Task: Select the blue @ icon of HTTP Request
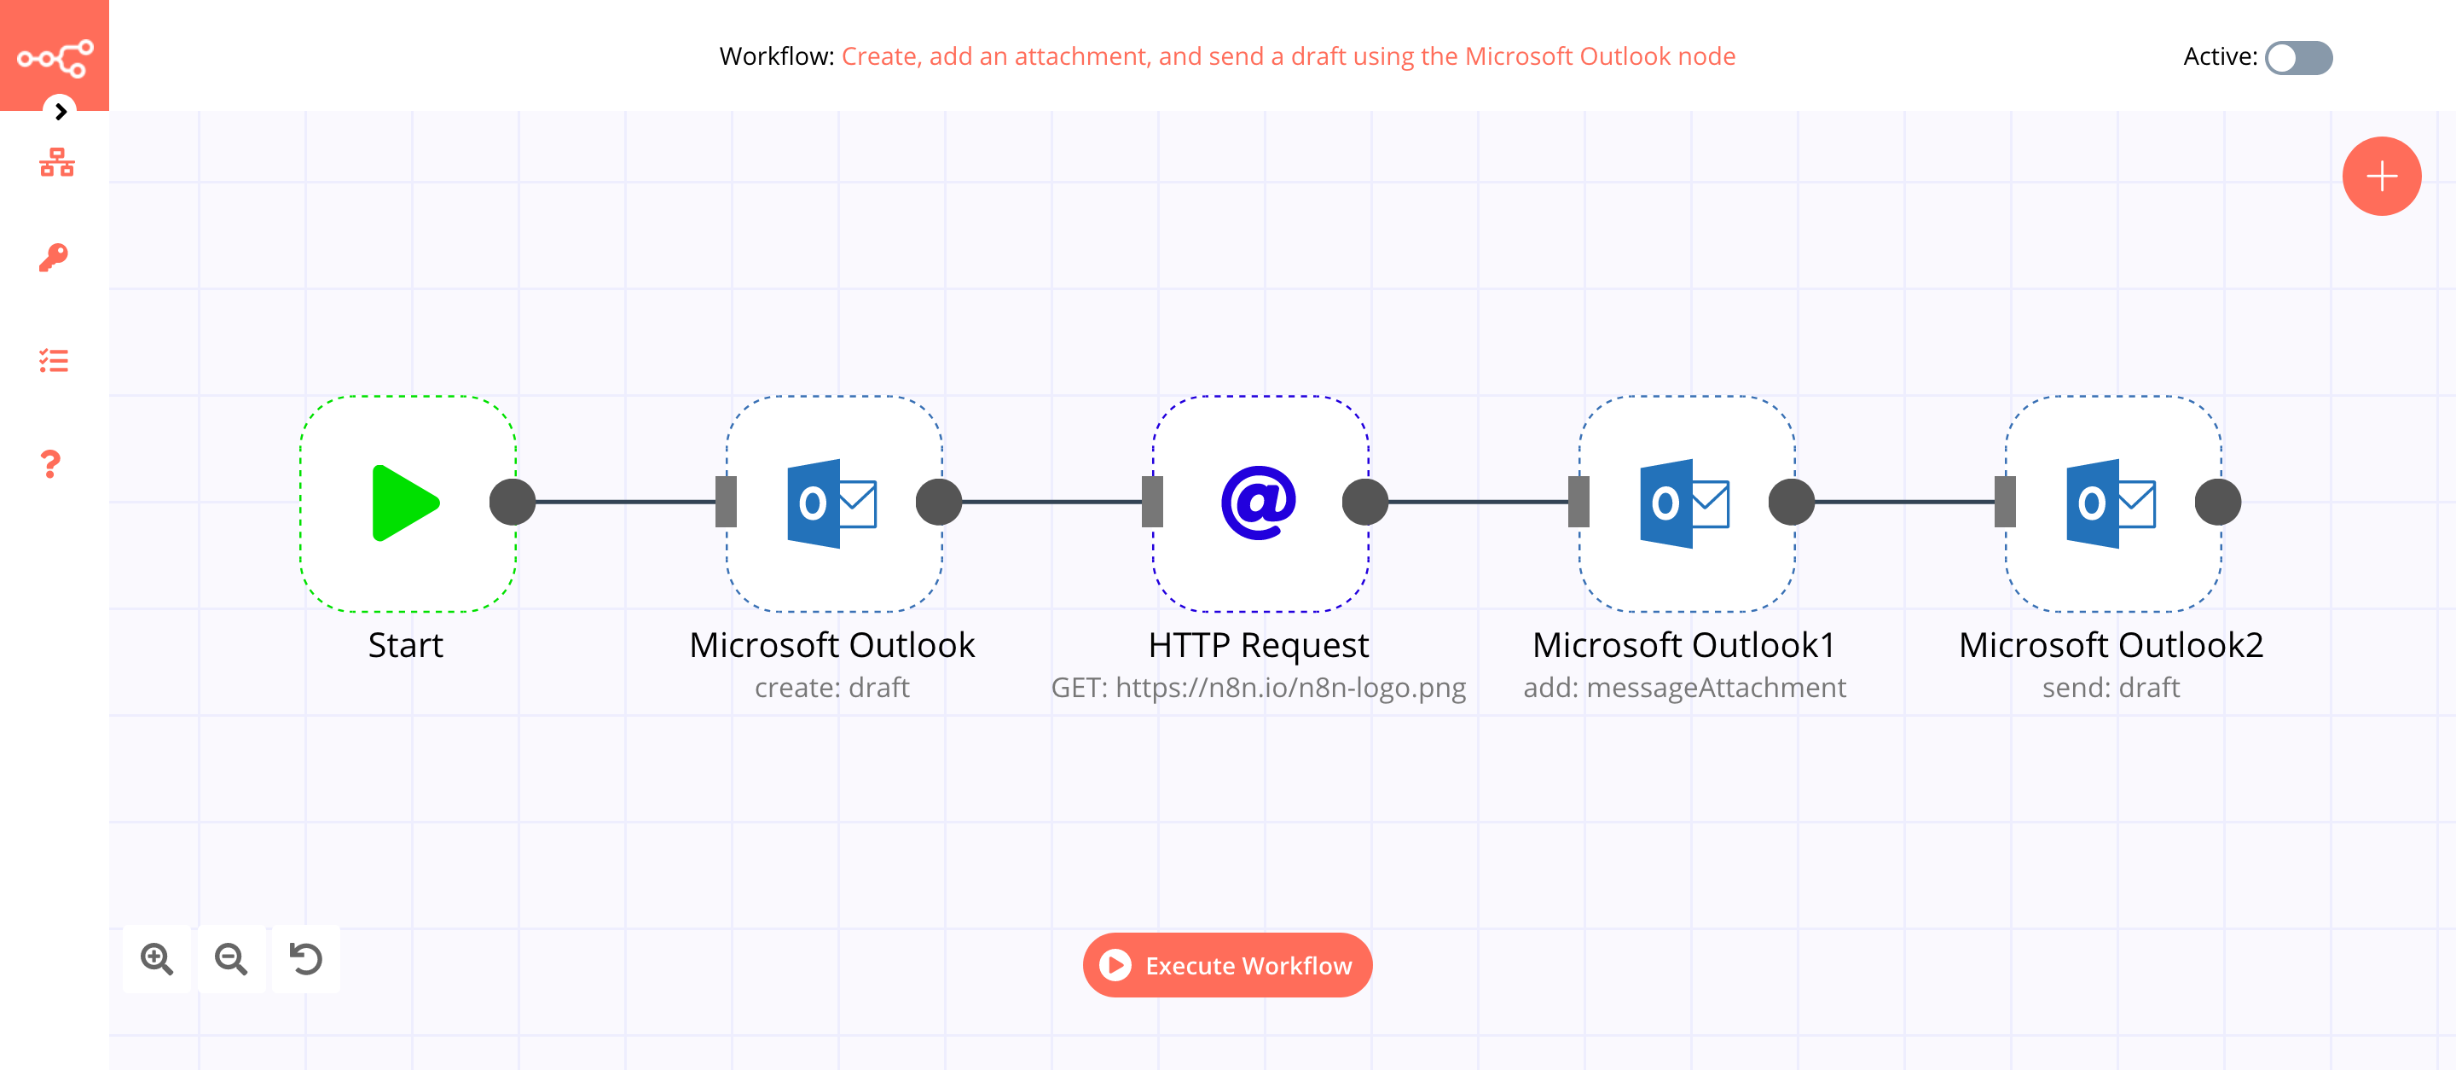(1259, 503)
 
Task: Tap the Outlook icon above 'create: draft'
(831, 503)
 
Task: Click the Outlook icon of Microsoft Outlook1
(1683, 503)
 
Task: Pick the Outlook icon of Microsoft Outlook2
(2110, 503)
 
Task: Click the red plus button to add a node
(2381, 177)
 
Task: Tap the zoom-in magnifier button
(157, 958)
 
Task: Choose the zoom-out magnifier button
(231, 958)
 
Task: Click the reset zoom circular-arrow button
(306, 958)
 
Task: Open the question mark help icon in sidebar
(51, 464)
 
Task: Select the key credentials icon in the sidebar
(54, 258)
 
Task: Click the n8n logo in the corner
(55, 57)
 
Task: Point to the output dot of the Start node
(513, 503)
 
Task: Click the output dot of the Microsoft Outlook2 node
(2217, 503)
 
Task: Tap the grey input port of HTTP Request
(1153, 503)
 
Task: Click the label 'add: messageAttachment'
(1683, 688)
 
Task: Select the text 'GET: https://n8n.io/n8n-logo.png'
(1258, 688)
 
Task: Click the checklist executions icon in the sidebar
(54, 360)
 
